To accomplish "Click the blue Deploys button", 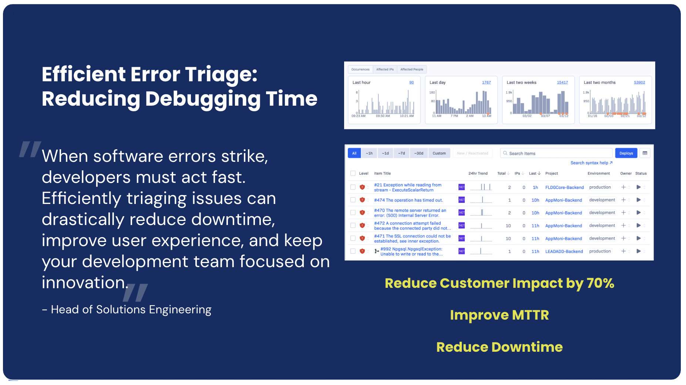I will coord(626,153).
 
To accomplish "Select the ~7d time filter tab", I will coord(401,153).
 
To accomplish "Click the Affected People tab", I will coord(411,69).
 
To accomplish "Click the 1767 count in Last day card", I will coord(486,82).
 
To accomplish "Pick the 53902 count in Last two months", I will coord(639,82).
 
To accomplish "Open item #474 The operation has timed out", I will coord(408,200).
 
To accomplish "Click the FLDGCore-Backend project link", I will coord(564,188).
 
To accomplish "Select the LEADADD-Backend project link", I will coord(564,252).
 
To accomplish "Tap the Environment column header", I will coord(598,174).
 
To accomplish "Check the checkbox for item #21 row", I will coord(353,187).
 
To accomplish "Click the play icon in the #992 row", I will coord(638,251).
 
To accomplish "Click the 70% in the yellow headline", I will coord(600,283).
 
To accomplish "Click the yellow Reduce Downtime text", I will coord(499,347).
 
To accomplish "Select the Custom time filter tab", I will coord(439,153).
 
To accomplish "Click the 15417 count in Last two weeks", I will coord(562,82).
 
